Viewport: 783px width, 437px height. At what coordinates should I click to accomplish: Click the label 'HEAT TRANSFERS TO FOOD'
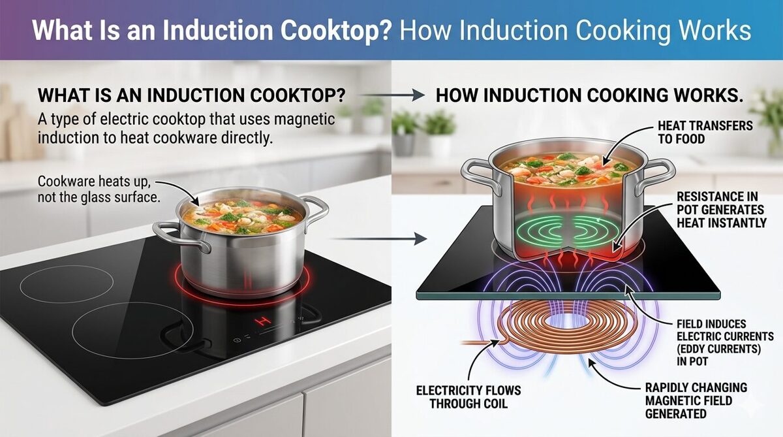point(705,132)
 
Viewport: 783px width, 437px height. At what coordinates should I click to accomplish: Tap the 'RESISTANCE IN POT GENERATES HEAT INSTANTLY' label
point(722,210)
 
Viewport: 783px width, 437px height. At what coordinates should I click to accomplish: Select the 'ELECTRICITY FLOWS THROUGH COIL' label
point(468,397)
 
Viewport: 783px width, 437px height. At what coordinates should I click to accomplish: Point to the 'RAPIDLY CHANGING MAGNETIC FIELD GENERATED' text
point(696,400)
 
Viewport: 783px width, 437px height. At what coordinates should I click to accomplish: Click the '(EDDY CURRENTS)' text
point(718,349)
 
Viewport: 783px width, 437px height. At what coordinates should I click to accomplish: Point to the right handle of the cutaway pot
point(655,176)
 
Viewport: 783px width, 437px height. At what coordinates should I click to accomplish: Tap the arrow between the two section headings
point(392,95)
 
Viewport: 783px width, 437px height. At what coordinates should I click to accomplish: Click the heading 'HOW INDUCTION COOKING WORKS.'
point(589,96)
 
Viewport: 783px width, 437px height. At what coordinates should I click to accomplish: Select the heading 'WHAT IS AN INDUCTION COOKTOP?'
point(192,95)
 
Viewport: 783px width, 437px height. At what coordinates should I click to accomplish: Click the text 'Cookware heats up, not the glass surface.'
point(99,189)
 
